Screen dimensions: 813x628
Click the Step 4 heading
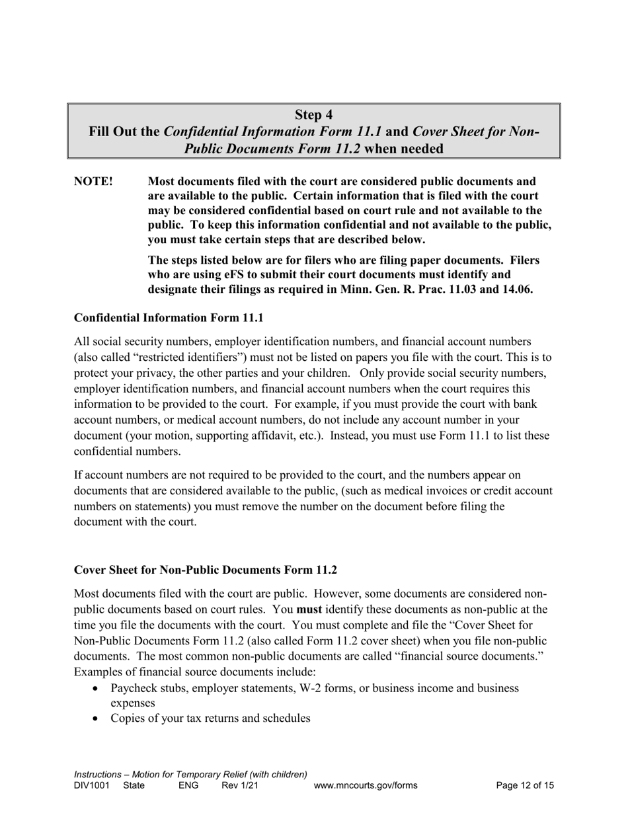click(x=313, y=114)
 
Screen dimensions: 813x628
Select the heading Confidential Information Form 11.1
click(x=169, y=318)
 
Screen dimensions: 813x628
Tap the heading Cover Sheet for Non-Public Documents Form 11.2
click(x=206, y=570)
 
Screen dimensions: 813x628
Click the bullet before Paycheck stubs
click(x=97, y=689)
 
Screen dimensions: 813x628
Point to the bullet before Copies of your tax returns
click(x=97, y=718)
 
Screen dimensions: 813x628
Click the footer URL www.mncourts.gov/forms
click(x=366, y=786)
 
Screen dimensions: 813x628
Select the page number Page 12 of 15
click(x=525, y=786)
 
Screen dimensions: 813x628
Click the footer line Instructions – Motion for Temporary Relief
click(x=190, y=774)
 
